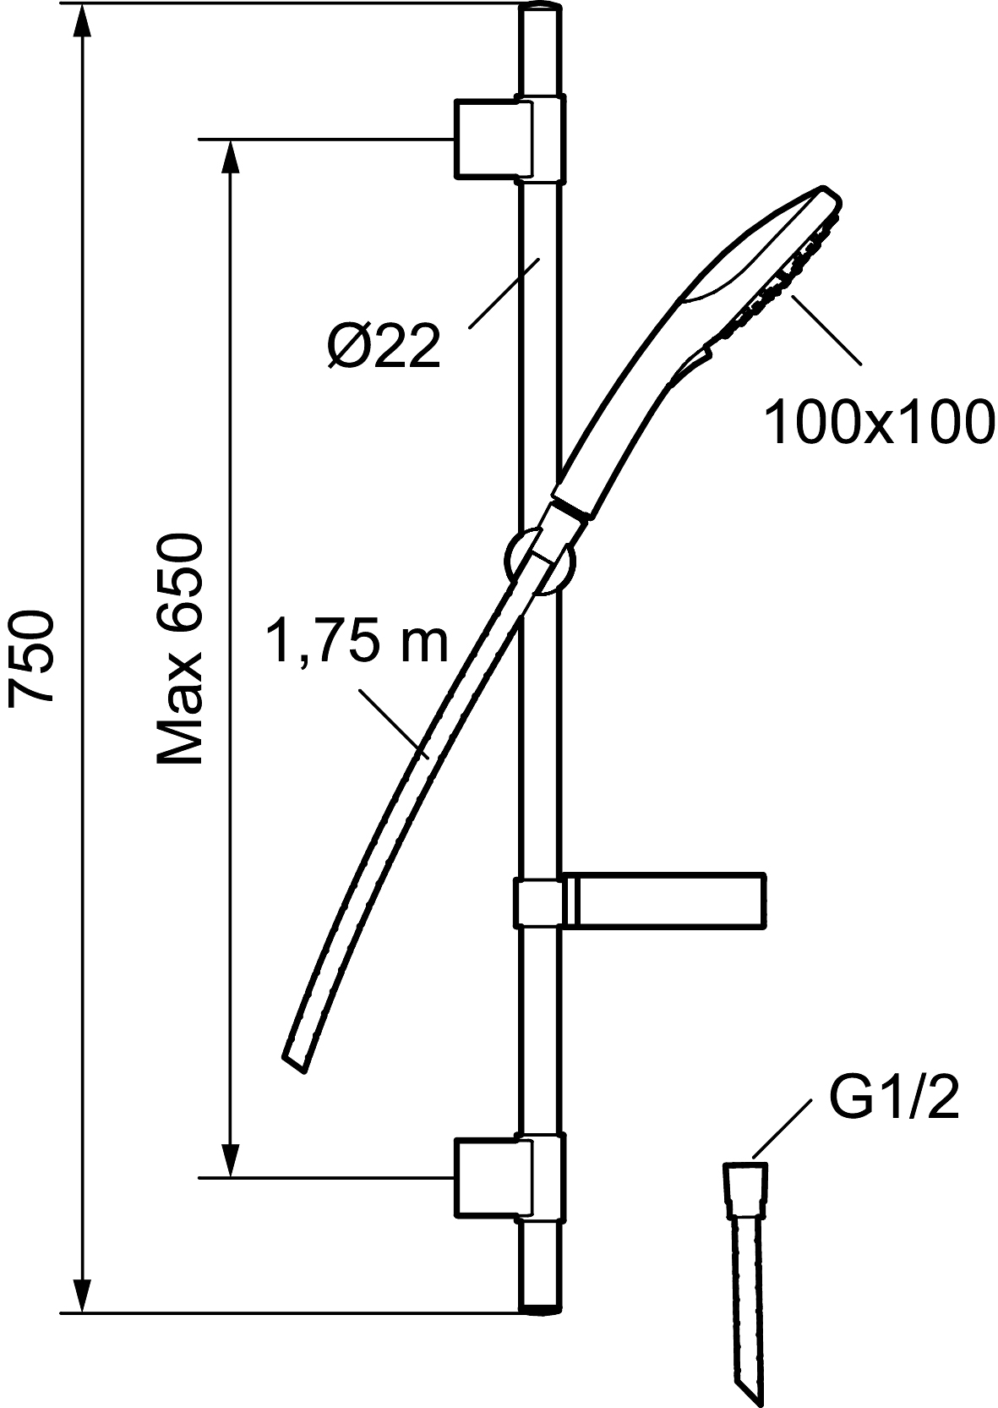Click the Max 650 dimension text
click(180, 649)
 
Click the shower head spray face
click(785, 271)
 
